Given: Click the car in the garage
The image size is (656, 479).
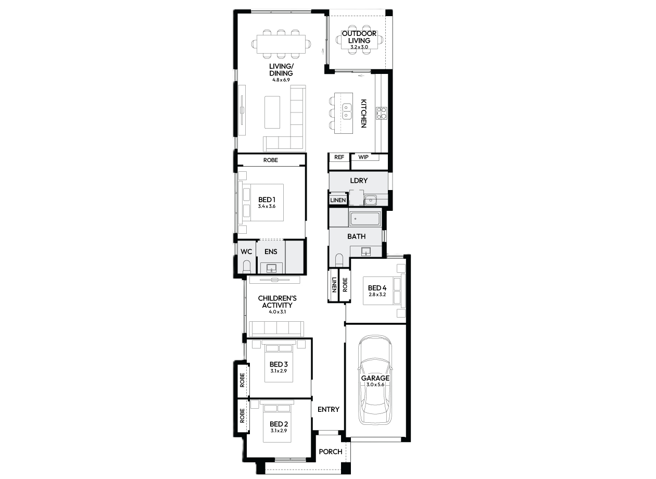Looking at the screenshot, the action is (x=375, y=380).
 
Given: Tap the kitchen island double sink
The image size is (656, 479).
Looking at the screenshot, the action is (x=347, y=111).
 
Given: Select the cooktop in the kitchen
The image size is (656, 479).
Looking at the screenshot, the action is (x=382, y=114).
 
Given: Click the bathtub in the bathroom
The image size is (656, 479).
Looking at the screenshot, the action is (x=364, y=219).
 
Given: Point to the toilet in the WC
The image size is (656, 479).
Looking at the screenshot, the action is (x=247, y=266).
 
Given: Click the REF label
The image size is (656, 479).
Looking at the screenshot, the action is (x=339, y=157).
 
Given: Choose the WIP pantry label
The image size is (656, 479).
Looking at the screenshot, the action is (x=363, y=157).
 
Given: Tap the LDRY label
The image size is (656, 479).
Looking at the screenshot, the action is (x=359, y=180).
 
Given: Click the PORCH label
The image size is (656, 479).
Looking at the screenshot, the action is (x=330, y=451).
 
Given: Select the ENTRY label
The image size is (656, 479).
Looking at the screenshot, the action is (x=329, y=409).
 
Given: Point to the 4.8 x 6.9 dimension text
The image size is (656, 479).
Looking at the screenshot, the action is (x=281, y=80).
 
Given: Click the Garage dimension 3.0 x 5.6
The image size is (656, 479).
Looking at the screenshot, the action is (x=375, y=384).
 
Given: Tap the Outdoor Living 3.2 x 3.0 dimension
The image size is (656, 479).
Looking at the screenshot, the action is (x=359, y=47).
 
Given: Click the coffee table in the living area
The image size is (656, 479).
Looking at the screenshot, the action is (x=272, y=112).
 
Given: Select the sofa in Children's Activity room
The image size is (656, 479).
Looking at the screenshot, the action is (x=276, y=329).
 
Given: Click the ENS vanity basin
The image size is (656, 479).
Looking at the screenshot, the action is (x=271, y=268).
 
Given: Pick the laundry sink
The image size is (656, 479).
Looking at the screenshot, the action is (x=371, y=200).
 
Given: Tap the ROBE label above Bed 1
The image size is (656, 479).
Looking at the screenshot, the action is (x=271, y=160).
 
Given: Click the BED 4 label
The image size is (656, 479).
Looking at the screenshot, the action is (x=377, y=288).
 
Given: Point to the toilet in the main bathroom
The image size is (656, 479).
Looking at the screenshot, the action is (x=339, y=260).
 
